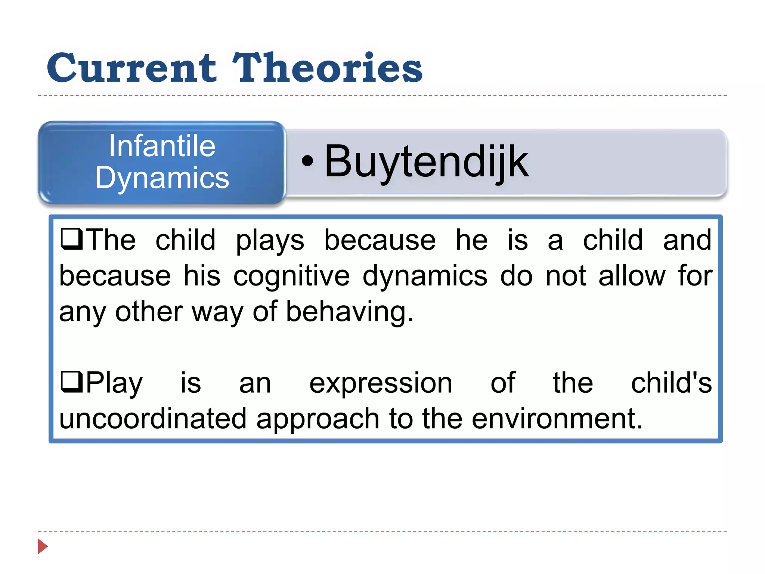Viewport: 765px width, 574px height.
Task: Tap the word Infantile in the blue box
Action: click(162, 146)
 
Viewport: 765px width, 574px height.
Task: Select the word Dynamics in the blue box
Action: click(162, 178)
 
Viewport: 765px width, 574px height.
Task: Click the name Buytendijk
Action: click(426, 162)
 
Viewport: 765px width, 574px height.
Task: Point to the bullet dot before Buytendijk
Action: click(307, 161)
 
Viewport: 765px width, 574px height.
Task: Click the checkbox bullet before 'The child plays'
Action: click(71, 239)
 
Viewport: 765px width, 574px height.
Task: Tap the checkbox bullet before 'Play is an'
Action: click(71, 382)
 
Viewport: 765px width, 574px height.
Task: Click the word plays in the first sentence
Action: click(270, 240)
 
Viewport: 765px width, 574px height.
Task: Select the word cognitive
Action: click(291, 276)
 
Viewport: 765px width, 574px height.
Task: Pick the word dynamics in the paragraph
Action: click(425, 276)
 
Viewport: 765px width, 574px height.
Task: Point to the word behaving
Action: click(350, 312)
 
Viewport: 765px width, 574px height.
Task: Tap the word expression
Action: click(381, 383)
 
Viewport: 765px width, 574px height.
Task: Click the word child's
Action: click(671, 383)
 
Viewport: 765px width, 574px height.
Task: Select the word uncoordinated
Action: click(153, 419)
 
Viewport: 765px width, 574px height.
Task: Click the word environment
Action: click(557, 419)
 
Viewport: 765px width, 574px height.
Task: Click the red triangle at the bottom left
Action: click(43, 546)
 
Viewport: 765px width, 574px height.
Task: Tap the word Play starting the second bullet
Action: click(114, 383)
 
